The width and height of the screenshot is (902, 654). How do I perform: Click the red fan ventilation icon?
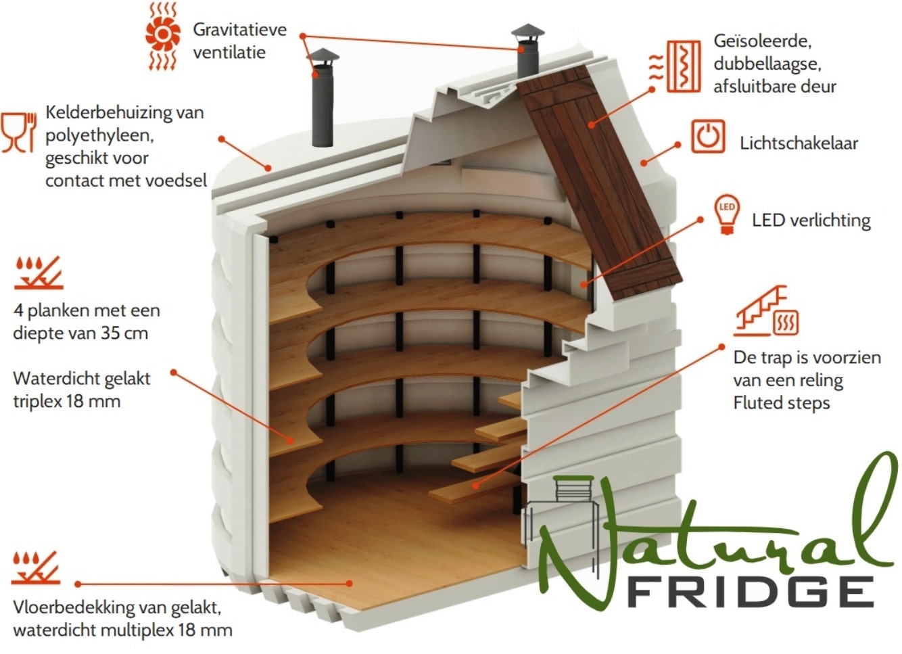pos(163,37)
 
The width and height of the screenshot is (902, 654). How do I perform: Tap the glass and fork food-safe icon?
pos(19,133)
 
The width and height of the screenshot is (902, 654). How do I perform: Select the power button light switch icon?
pos(708,136)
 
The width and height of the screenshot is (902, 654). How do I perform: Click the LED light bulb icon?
pos(727,214)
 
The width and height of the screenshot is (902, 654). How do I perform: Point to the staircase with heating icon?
pos(766,310)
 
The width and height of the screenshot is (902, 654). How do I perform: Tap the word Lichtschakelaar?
pos(799,143)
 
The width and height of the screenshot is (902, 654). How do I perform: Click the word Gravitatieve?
pos(239,30)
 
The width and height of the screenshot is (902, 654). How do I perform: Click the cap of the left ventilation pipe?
pos(323,56)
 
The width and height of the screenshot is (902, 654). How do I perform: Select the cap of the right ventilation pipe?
pos(527,31)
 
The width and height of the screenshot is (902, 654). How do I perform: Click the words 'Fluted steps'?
pos(782,402)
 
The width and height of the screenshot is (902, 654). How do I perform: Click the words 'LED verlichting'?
pos(811,220)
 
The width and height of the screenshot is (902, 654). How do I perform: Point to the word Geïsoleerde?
pos(763,41)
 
